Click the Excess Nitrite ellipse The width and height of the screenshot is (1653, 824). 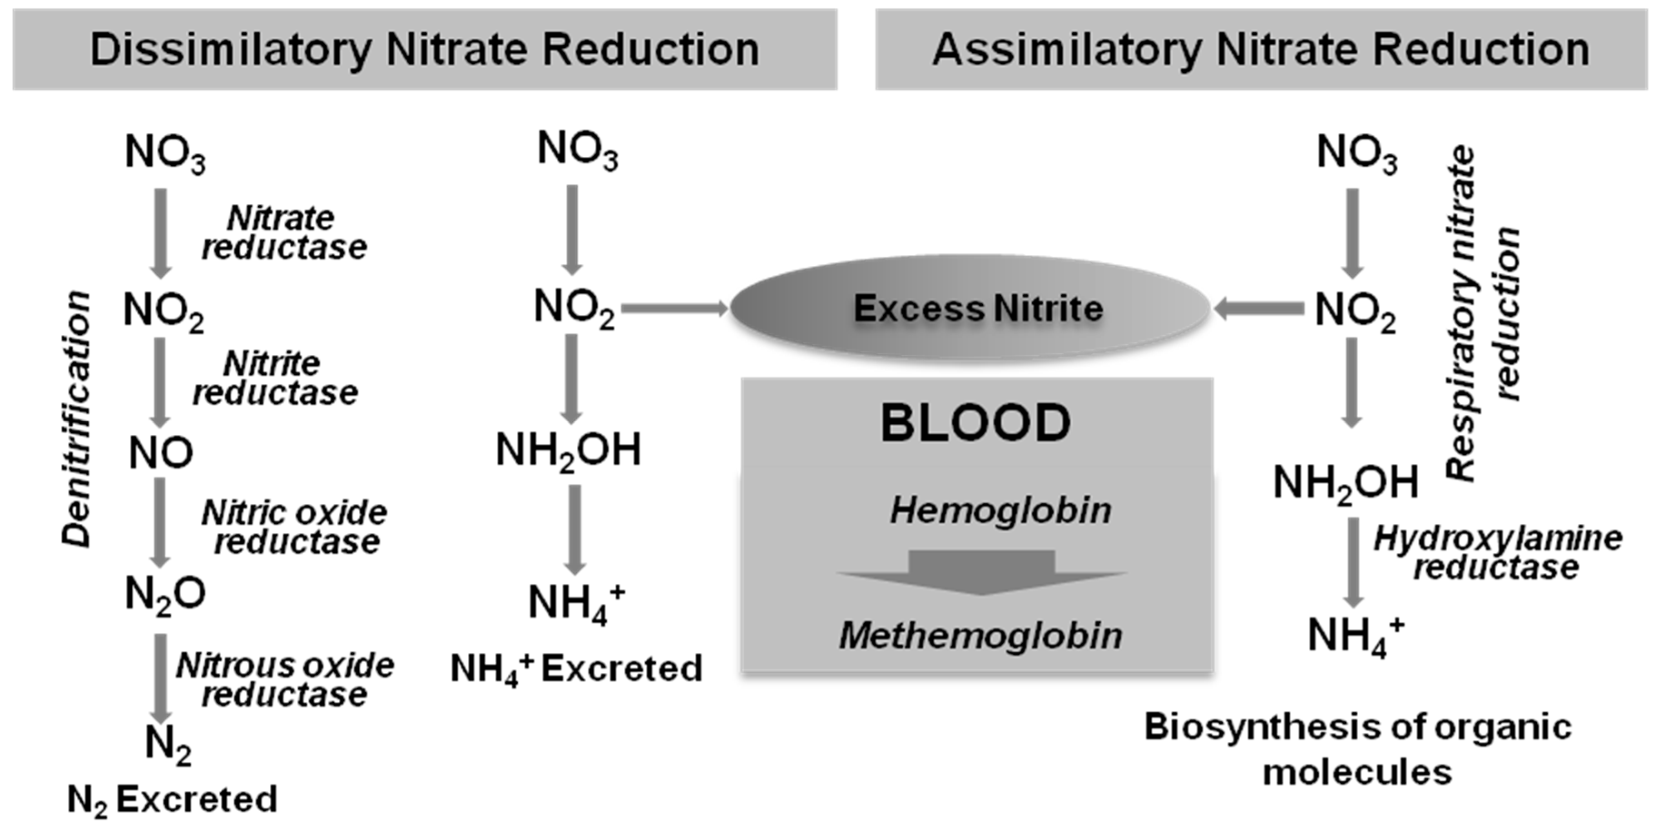pyautogui.click(x=970, y=309)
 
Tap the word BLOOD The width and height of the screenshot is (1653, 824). pyautogui.click(x=975, y=423)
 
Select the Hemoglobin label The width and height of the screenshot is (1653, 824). pyautogui.click(x=1000, y=511)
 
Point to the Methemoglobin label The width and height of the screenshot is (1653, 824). pyautogui.click(x=980, y=636)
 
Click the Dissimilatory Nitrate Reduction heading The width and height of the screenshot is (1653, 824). pyautogui.click(x=425, y=50)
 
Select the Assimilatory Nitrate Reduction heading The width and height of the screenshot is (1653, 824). pyautogui.click(x=1261, y=50)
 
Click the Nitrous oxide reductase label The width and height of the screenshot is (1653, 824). pyautogui.click(x=286, y=680)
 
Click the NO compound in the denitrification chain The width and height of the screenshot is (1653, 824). pyautogui.click(x=160, y=452)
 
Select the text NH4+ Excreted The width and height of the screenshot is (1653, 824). pyautogui.click(x=576, y=669)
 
